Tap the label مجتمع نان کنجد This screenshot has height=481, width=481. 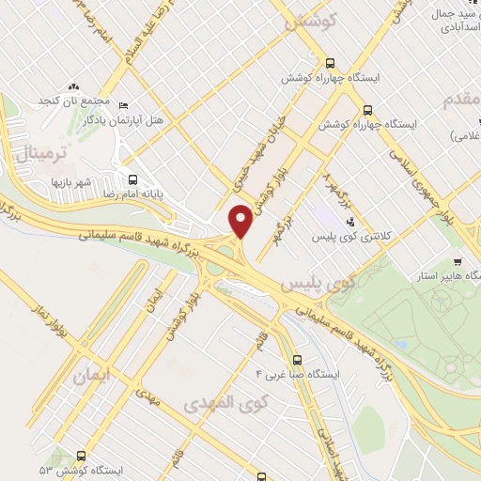(75, 100)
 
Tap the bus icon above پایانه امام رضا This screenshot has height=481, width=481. (132, 178)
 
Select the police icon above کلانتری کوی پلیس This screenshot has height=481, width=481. (350, 222)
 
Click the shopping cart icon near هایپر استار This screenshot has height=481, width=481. (458, 262)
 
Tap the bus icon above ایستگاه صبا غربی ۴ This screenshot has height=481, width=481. (298, 359)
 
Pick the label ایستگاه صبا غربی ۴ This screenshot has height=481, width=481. (296, 374)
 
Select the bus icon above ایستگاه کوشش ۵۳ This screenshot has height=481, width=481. (91, 454)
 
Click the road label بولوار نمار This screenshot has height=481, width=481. (48, 325)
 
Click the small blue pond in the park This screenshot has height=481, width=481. (402, 346)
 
